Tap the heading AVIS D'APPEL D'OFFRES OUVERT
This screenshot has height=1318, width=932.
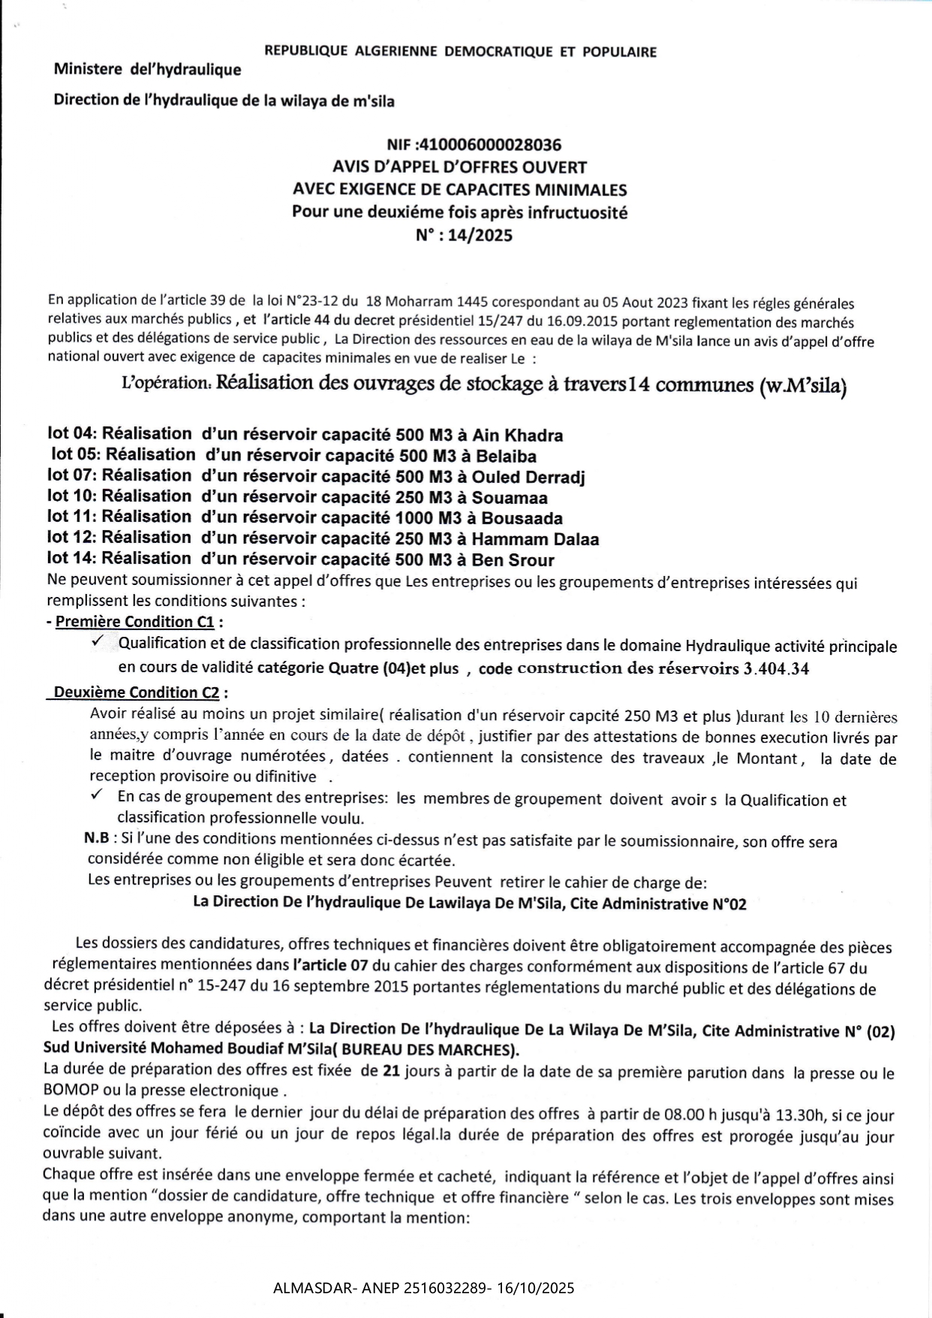pyautogui.click(x=459, y=167)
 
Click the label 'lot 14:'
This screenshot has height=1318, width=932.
pyautogui.click(x=71, y=558)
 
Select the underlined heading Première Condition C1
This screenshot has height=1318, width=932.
pyautogui.click(x=135, y=622)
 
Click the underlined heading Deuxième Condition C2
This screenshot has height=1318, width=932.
pyautogui.click(x=137, y=692)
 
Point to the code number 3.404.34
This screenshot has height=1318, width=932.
pyautogui.click(x=776, y=669)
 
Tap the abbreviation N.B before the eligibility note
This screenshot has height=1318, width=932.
pyautogui.click(x=96, y=838)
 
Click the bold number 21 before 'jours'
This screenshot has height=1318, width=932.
pyautogui.click(x=391, y=1071)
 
